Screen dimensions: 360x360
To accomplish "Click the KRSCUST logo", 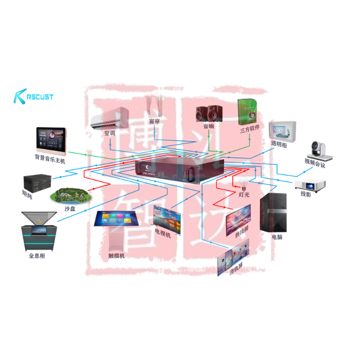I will point(34,96).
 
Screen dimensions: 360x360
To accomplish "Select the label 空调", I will point(110,133).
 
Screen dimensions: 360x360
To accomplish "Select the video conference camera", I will point(319,150).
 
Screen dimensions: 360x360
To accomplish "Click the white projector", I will point(310,184).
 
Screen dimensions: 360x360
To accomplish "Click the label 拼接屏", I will point(241,230).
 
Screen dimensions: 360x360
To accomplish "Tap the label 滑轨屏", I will point(236,271).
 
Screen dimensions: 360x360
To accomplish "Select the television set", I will point(167,218).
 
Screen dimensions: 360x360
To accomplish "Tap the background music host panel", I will point(50,139).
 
